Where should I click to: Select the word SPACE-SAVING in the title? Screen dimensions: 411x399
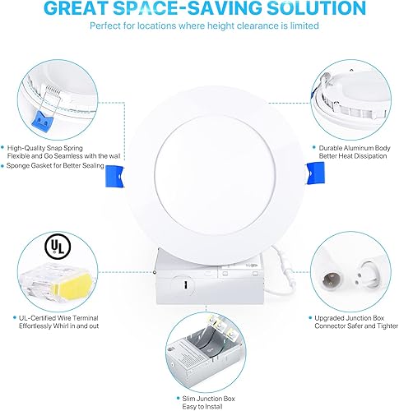point(193,10)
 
